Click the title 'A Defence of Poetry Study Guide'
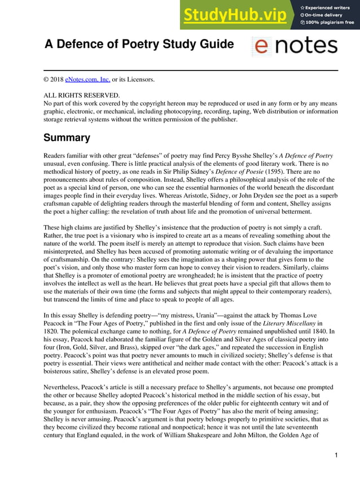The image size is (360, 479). click(x=139, y=45)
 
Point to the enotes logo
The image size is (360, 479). click(x=294, y=46)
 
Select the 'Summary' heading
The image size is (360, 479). click(x=67, y=138)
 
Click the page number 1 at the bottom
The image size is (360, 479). click(x=336, y=455)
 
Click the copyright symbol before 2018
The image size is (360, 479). click(x=46, y=80)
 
